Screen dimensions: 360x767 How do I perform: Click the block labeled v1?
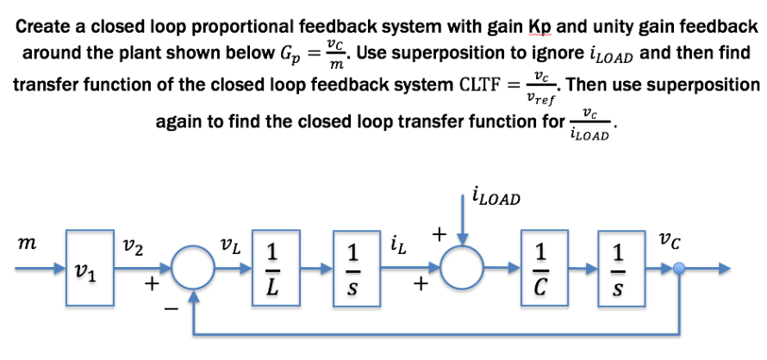pos(90,268)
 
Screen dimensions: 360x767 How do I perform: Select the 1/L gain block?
pos(271,268)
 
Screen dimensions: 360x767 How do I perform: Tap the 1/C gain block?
pos(540,268)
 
